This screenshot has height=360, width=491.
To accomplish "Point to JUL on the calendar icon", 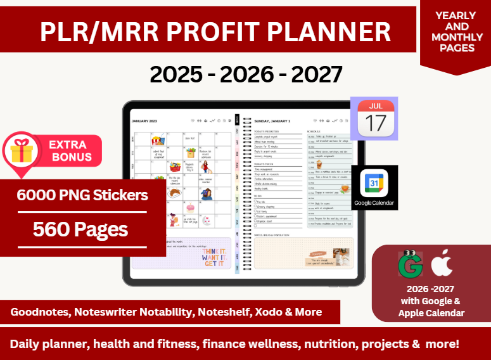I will tap(376, 106).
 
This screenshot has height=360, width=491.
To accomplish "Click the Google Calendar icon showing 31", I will tap(374, 184).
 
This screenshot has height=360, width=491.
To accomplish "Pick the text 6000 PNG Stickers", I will tap(82, 195).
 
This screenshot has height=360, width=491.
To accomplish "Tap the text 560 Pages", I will tap(80, 229).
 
